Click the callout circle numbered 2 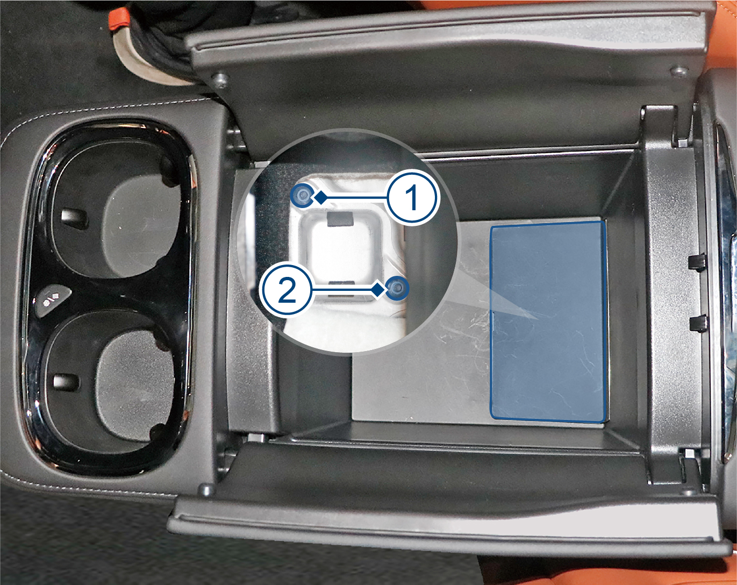coord(288,291)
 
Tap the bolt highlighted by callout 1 coord(302,196)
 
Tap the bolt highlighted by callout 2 coord(397,288)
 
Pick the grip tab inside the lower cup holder coord(66,381)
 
